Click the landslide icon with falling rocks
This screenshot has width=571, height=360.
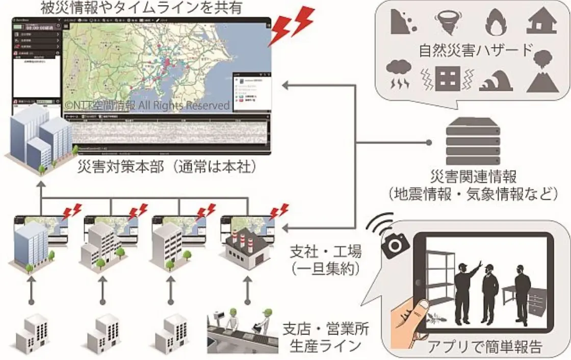[x=403, y=21]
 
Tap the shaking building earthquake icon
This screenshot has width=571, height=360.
[x=448, y=79]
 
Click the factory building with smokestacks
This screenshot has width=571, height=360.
[x=243, y=250]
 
